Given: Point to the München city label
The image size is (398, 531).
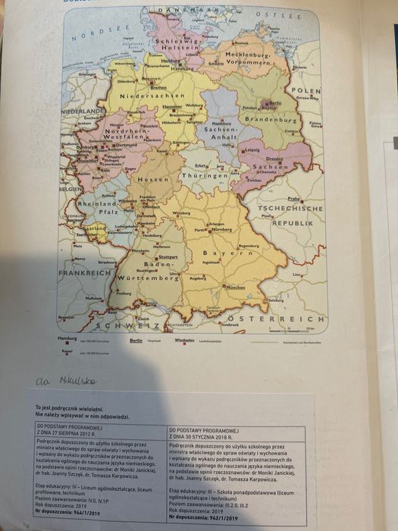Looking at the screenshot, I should (236, 287).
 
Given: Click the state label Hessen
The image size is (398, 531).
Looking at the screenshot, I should (154, 179).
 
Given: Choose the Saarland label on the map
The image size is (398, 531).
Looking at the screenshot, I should (95, 228).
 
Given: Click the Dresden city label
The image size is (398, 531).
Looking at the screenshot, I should (274, 159).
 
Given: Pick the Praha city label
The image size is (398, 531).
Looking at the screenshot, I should (294, 199).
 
